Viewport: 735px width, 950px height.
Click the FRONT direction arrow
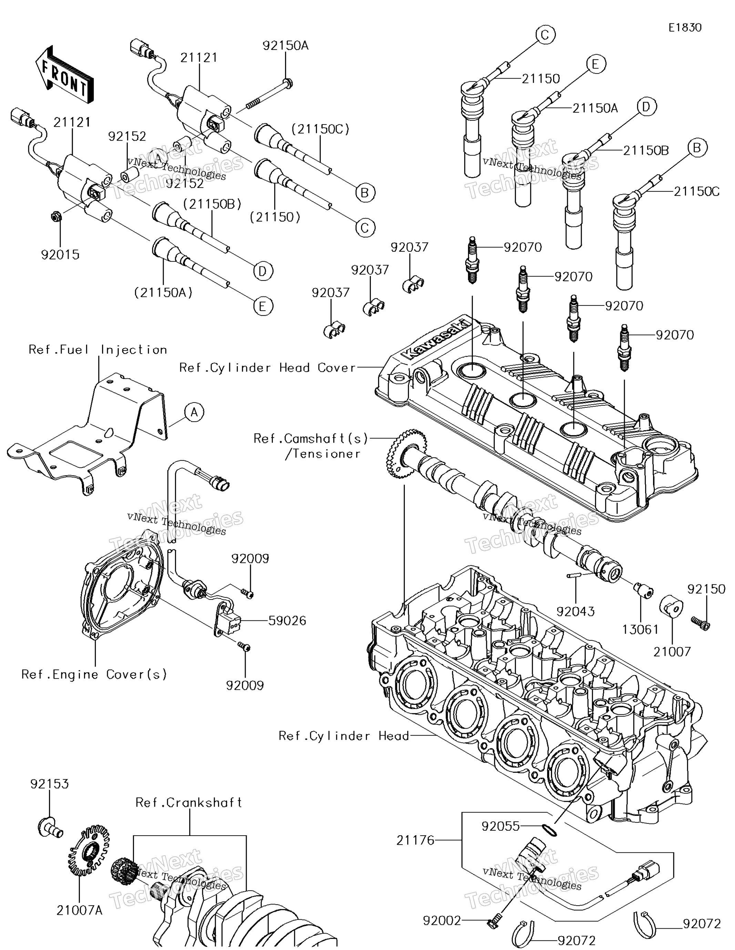pyautogui.click(x=64, y=75)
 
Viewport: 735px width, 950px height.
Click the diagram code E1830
pyautogui.click(x=685, y=28)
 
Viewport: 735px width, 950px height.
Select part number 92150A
pyautogui.click(x=285, y=46)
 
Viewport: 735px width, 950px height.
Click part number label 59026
pyautogui.click(x=287, y=621)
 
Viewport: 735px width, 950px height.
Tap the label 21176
pyautogui.click(x=415, y=840)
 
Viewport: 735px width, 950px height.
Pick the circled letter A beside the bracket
pyautogui.click(x=194, y=412)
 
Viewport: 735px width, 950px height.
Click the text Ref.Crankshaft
pyautogui.click(x=188, y=802)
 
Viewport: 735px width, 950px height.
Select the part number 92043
pyautogui.click(x=575, y=612)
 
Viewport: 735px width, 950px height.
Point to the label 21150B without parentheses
pyautogui.click(x=645, y=151)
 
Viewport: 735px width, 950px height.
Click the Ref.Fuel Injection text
pyautogui.click(x=98, y=350)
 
